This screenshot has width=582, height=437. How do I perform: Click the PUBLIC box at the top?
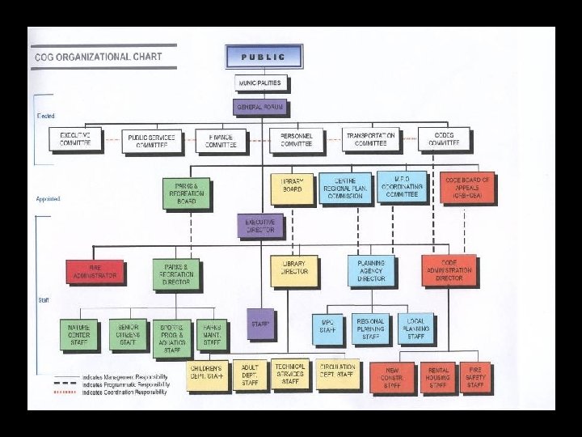[x=264, y=57]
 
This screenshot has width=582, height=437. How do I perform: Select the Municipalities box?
[x=260, y=83]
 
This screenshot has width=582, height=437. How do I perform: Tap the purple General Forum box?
[x=260, y=108]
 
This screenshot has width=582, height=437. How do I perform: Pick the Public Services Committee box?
[x=151, y=140]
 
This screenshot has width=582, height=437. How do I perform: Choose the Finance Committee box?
[x=220, y=141]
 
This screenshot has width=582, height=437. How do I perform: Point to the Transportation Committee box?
[x=370, y=139]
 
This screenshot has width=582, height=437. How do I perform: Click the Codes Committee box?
[x=444, y=138]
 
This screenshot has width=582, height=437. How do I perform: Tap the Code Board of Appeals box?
[x=468, y=187]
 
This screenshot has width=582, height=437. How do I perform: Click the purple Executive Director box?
[x=259, y=226]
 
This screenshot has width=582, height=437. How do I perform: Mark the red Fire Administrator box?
[x=95, y=271]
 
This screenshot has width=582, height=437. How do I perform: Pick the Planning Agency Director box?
[x=371, y=271]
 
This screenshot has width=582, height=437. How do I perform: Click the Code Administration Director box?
[x=449, y=270]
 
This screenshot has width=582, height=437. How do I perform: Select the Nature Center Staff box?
[x=78, y=334]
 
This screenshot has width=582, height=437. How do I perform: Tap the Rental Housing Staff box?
[x=437, y=377]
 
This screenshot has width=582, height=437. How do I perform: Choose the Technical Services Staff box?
[x=289, y=373]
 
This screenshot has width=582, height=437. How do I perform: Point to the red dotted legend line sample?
[x=65, y=392]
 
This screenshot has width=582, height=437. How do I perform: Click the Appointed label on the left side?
[x=48, y=198]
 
